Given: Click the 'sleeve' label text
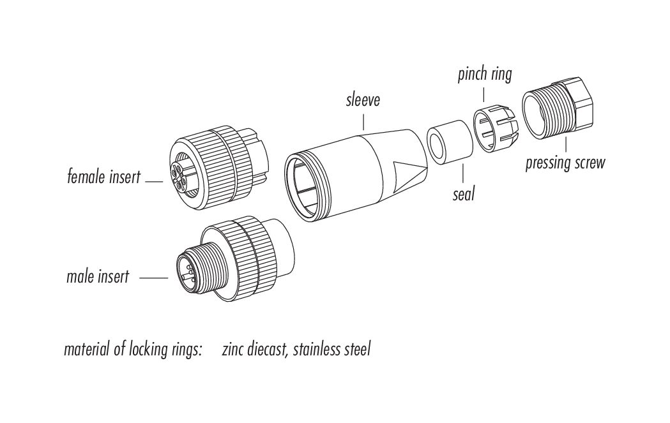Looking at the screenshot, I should click(x=362, y=100).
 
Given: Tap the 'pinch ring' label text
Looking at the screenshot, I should click(x=485, y=74).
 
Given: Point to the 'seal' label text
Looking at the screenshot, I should click(x=464, y=193).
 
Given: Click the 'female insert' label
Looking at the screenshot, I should click(x=103, y=177).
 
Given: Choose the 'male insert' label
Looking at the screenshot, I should click(x=98, y=277).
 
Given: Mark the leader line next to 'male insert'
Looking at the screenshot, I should click(x=153, y=278).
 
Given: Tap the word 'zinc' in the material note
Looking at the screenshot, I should click(x=234, y=350).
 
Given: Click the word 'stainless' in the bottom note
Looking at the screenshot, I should click(x=317, y=350).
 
